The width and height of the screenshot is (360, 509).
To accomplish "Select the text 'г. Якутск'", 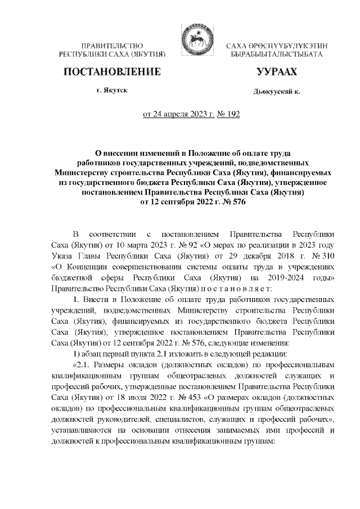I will [x=111, y=91].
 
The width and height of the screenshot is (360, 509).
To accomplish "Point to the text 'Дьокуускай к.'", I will [x=276, y=92].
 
